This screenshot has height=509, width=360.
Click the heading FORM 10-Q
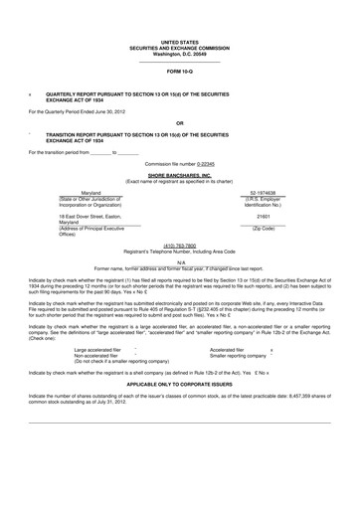(180, 74)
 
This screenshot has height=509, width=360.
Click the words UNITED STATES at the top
(180, 32)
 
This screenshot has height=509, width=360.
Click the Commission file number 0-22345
(204, 161)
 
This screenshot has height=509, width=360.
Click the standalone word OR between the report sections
(180, 124)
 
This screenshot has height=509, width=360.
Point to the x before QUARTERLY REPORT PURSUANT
(31, 96)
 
